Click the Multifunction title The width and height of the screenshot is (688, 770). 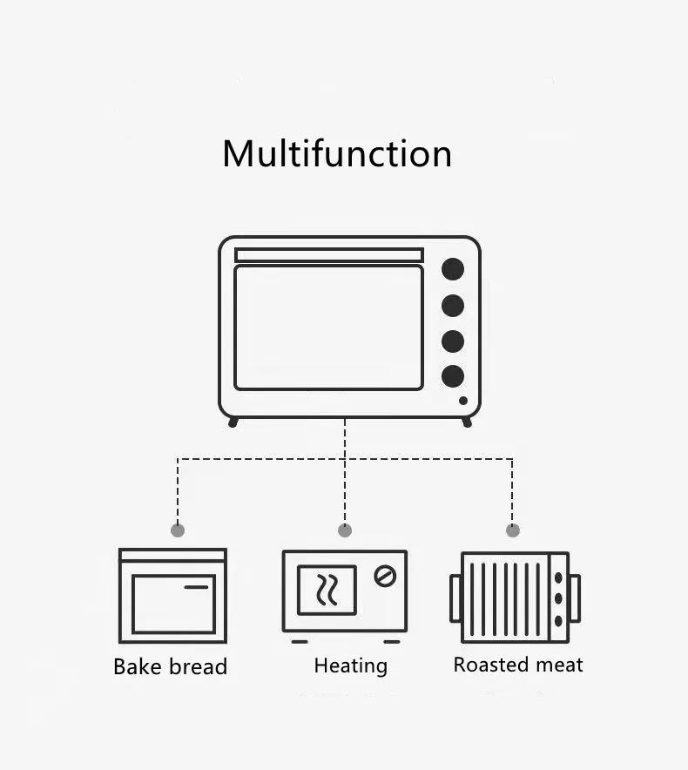pos(337,154)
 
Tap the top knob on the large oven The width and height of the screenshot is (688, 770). pos(453,269)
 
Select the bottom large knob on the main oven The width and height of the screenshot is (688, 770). pos(453,376)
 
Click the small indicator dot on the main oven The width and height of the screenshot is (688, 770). pos(463,401)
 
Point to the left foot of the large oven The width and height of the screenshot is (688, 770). pos(233,422)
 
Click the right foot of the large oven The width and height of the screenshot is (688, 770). pos(467,422)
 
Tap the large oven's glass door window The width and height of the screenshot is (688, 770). pos(328,328)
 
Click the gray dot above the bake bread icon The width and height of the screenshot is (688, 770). pos(178,530)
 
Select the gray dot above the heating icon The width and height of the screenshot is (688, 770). pos(345,530)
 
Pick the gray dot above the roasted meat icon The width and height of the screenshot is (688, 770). pos(513,530)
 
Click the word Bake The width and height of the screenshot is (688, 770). pos(138,667)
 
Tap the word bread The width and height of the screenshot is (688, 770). pos(198,667)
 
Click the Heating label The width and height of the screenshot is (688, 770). pos(350,666)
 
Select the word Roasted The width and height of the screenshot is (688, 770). pos(492,665)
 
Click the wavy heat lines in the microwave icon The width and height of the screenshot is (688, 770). pos(327,591)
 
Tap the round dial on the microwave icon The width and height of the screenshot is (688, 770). pos(385,576)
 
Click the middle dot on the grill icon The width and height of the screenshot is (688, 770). pos(558,598)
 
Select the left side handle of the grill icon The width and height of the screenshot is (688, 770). pos(455,598)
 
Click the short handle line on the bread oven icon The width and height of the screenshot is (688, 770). pos(197,587)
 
